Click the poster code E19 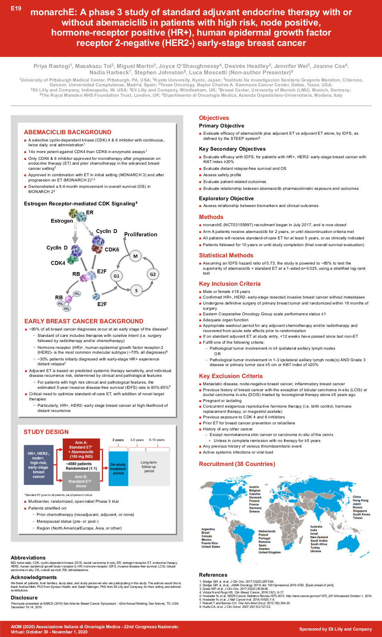click(16, 8)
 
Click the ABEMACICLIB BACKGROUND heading click(68, 132)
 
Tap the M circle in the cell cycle click(135, 256)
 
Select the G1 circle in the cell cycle click(116, 276)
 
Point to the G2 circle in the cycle click(153, 274)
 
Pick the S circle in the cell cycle click(136, 291)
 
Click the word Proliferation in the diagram click(141, 235)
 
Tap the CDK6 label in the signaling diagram click(112, 250)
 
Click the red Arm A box click(81, 450)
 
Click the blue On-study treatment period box click(118, 469)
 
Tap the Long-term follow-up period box click(149, 467)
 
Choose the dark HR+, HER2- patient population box click(39, 465)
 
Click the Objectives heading click(214, 118)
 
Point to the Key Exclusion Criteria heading click(231, 376)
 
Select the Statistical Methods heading click(226, 255)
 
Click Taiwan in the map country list click(358, 518)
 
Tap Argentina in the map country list click(208, 529)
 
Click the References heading click(213, 575)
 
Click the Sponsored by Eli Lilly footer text click(335, 629)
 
